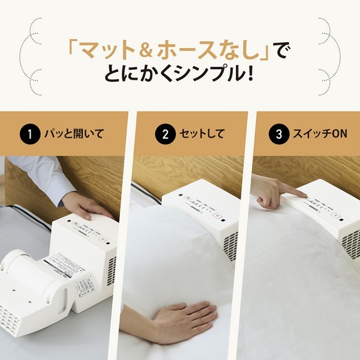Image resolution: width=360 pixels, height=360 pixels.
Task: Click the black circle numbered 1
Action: coord(28,134)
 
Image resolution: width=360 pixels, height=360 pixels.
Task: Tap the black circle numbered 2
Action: coord(164,134)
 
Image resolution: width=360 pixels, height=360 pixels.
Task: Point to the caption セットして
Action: coord(202,134)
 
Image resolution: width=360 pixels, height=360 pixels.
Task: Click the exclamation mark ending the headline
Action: coord(248,76)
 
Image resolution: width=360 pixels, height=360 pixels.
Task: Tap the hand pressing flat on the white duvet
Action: coord(180,316)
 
